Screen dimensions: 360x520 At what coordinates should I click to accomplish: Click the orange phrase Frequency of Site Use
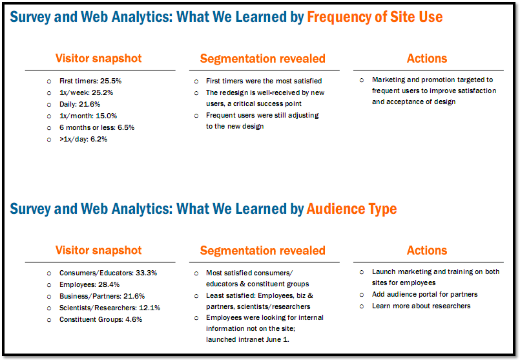click(375, 17)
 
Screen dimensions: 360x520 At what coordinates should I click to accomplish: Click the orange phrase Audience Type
click(351, 209)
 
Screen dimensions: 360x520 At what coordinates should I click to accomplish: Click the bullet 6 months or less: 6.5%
click(96, 127)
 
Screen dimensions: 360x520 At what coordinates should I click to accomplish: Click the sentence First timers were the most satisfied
click(264, 81)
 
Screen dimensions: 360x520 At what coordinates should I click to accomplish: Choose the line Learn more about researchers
click(421, 306)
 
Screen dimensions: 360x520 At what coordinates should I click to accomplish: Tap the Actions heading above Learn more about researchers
click(427, 250)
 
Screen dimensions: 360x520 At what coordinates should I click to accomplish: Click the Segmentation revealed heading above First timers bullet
click(262, 59)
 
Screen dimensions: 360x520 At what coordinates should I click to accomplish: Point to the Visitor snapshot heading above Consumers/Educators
click(98, 250)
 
